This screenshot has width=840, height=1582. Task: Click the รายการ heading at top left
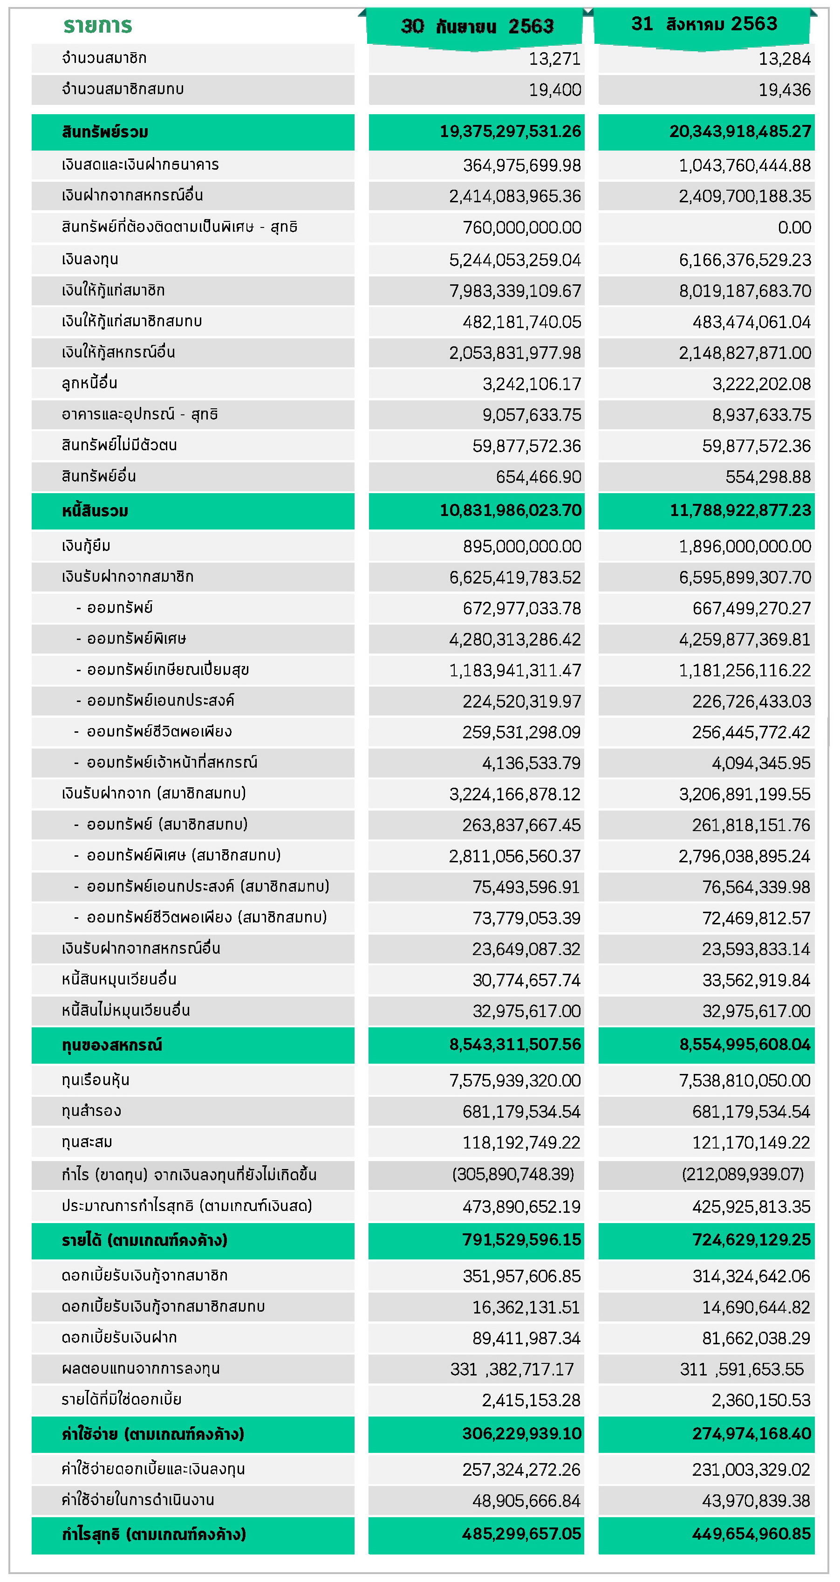pyautogui.click(x=98, y=25)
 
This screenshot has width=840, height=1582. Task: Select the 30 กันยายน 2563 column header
pyautogui.click(x=477, y=26)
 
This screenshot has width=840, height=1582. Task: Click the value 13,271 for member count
pyautogui.click(x=554, y=59)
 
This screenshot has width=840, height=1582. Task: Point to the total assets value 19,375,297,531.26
pyautogui.click(x=510, y=131)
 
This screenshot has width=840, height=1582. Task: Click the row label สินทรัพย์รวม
pyautogui.click(x=105, y=132)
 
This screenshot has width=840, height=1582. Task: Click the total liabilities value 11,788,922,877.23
pyautogui.click(x=740, y=510)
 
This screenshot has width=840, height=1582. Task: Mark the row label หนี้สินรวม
pyautogui.click(x=95, y=511)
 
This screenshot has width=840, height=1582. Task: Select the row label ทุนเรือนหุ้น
pyautogui.click(x=95, y=1080)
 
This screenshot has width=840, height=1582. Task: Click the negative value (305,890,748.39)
pyautogui.click(x=513, y=1174)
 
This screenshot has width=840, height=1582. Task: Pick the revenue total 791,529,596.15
pyautogui.click(x=521, y=1239)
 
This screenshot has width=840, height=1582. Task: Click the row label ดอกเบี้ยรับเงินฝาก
pyautogui.click(x=119, y=1337)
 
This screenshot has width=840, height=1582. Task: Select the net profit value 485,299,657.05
pyautogui.click(x=521, y=1534)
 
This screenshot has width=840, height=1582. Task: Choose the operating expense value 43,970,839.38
pyautogui.click(x=756, y=1500)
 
